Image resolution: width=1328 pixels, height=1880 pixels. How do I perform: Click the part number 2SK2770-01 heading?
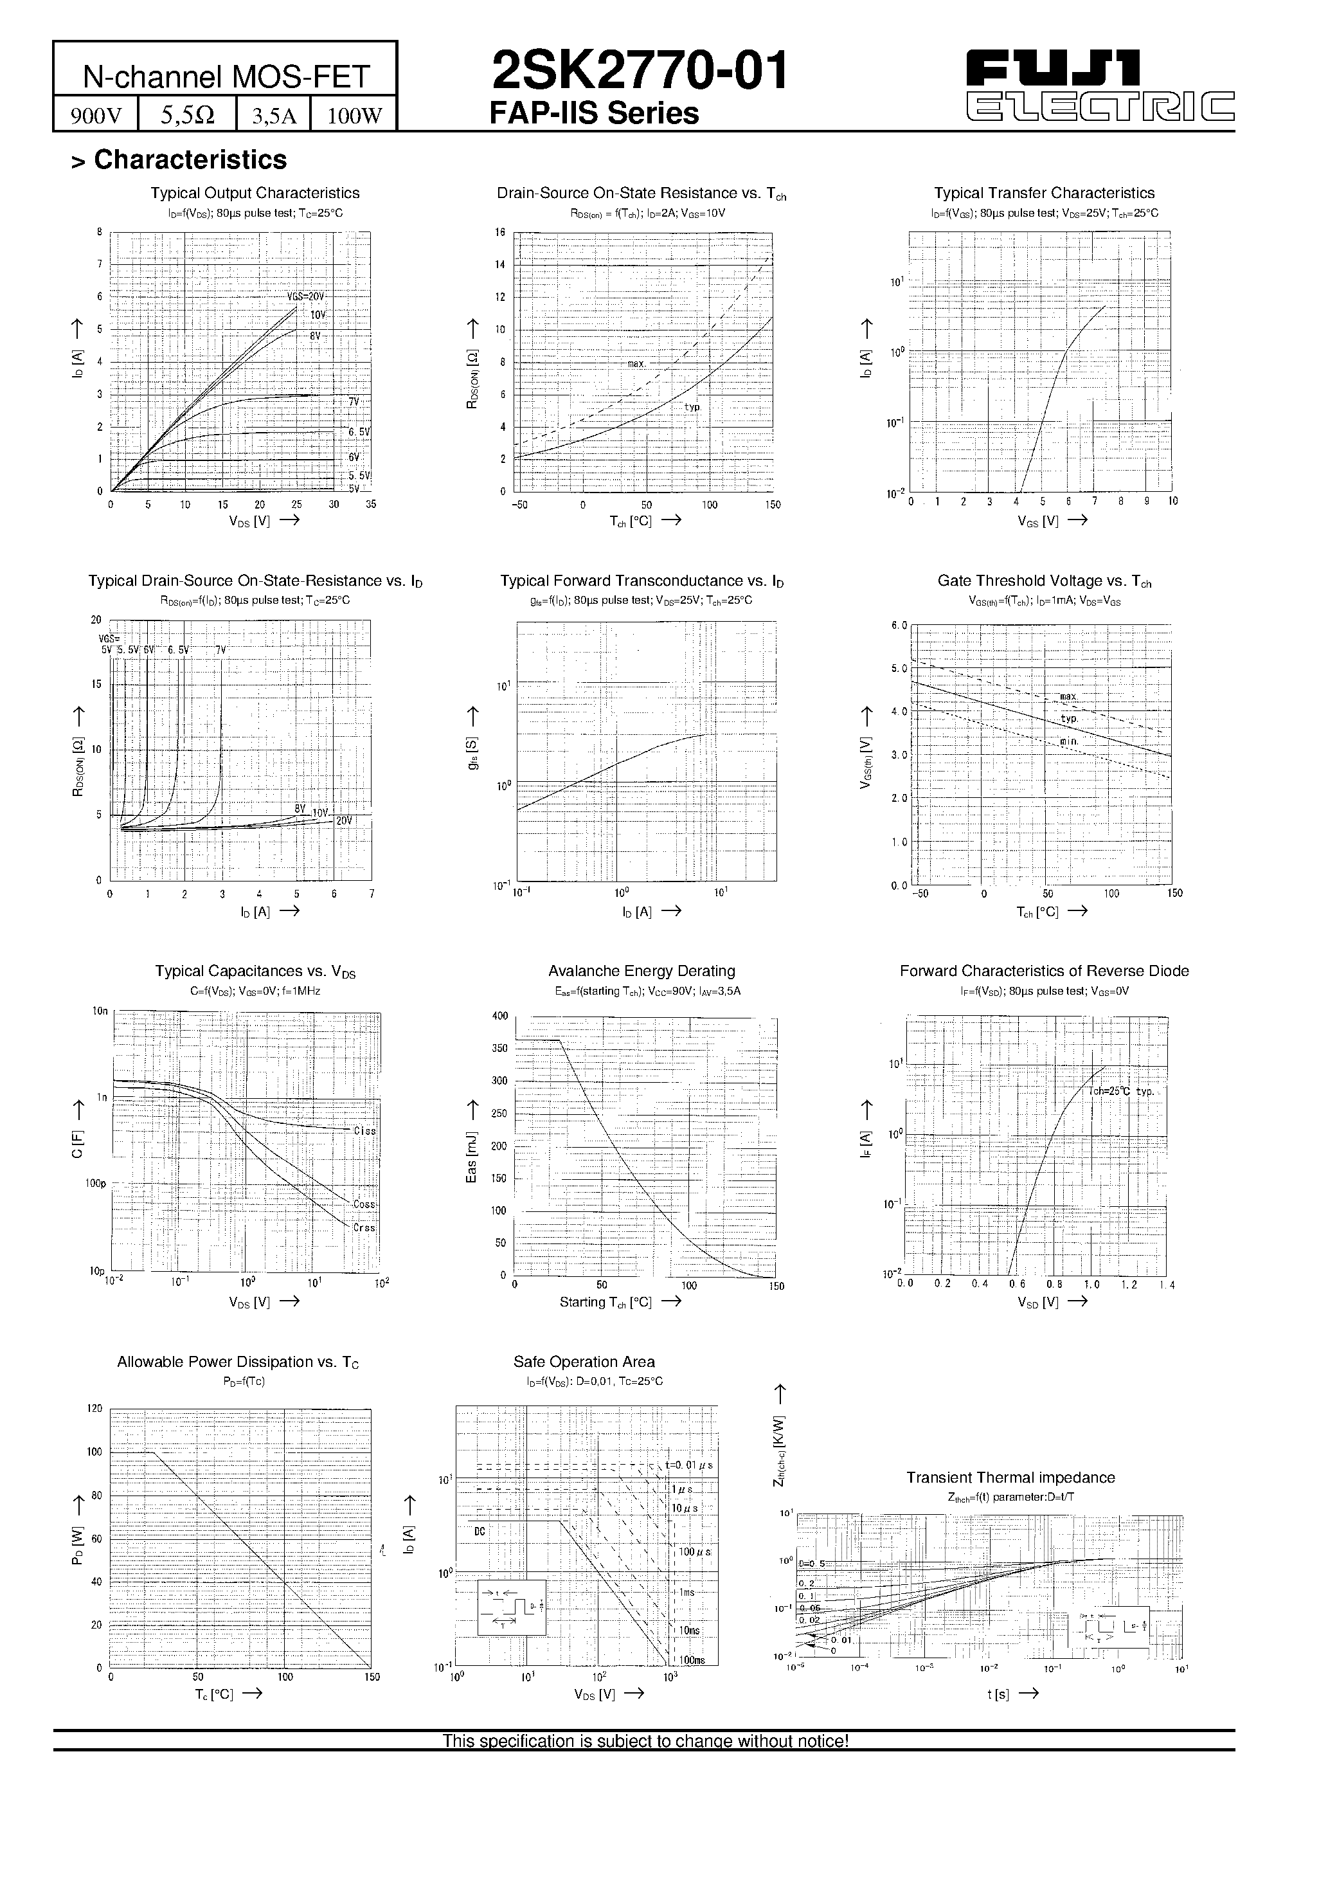(x=639, y=71)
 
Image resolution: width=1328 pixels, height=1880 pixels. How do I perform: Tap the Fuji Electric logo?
(x=1100, y=85)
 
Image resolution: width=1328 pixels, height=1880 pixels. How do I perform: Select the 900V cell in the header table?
(x=96, y=116)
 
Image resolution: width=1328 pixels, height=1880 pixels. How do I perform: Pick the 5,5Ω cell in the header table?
(x=188, y=116)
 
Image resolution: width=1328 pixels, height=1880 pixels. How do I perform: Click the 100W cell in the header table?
(x=355, y=116)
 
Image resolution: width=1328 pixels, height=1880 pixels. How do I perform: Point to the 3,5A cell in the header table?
(x=273, y=116)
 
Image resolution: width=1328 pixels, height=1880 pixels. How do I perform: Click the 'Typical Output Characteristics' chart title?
(x=255, y=194)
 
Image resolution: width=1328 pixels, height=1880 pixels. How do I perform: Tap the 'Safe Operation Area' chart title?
(x=584, y=1362)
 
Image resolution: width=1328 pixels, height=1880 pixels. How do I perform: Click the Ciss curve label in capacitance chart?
(x=364, y=1131)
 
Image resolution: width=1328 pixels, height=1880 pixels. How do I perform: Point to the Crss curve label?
(x=364, y=1227)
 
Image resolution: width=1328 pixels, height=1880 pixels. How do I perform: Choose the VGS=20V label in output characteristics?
(x=305, y=296)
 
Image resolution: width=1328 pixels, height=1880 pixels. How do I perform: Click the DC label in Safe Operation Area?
(x=480, y=1530)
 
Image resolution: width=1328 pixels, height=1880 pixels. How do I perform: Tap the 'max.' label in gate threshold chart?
(x=1068, y=697)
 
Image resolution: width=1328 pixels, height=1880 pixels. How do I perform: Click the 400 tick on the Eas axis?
(x=499, y=1016)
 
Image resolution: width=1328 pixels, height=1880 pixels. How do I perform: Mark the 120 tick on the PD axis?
(x=94, y=1408)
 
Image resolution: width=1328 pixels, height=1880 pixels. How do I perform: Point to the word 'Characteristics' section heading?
(x=190, y=159)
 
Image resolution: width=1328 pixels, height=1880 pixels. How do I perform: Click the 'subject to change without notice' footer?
(x=645, y=1741)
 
